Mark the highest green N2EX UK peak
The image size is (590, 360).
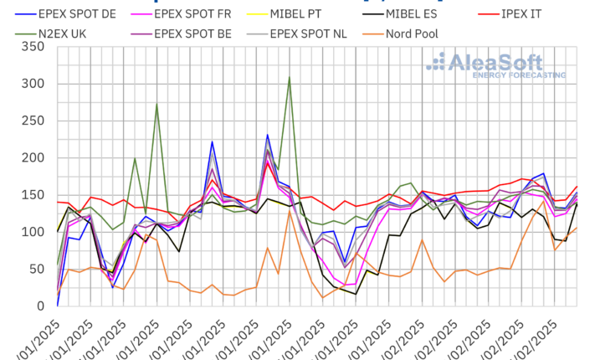click(x=289, y=78)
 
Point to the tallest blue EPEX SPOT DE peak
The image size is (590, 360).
click(x=268, y=135)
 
